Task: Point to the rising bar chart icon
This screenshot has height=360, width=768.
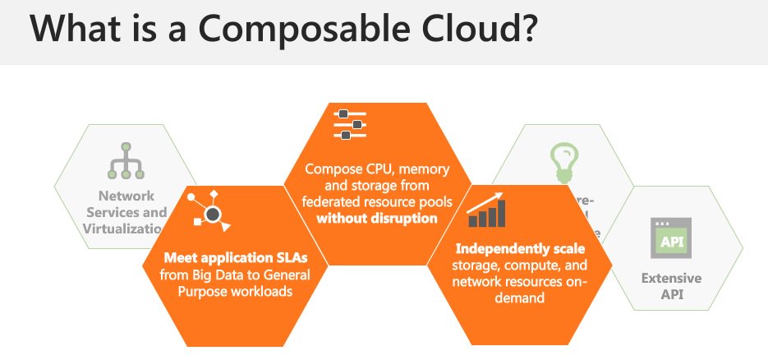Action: tap(487, 211)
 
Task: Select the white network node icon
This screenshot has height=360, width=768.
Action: tap(209, 210)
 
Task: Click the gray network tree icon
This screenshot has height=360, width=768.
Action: tap(126, 161)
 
